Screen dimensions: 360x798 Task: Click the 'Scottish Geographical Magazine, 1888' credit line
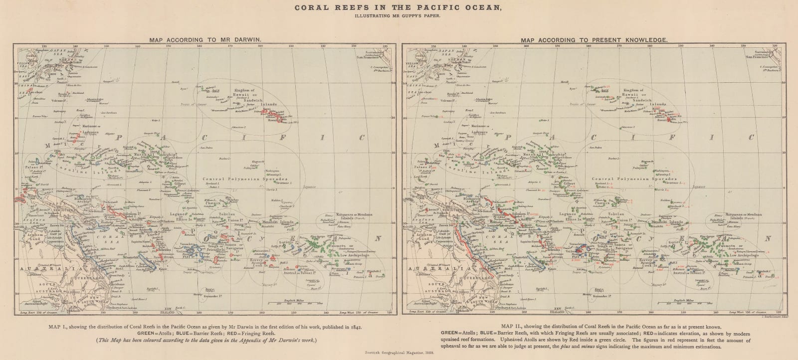(x=399, y=353)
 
